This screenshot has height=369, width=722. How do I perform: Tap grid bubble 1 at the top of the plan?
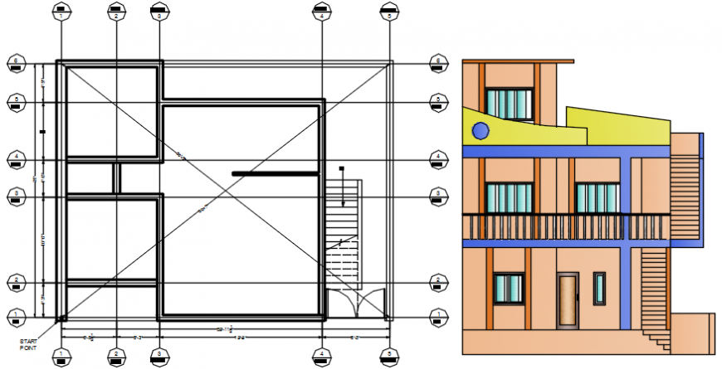point(61,12)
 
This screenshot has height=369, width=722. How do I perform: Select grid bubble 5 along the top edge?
point(388,12)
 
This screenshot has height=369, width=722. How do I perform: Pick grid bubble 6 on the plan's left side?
point(15,61)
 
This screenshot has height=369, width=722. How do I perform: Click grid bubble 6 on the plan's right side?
point(437,61)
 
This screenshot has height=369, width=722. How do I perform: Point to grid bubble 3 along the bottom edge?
point(158,357)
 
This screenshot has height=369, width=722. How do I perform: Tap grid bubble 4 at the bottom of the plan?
point(321,357)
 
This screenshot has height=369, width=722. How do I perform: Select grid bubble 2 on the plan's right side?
point(437,282)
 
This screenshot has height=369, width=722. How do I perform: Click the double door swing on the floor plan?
point(357,303)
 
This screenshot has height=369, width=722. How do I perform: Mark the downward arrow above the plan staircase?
point(342,187)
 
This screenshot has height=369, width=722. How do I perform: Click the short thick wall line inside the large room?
point(275,173)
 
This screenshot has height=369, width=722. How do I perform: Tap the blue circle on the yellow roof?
point(480,130)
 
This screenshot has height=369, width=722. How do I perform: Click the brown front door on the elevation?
point(568,299)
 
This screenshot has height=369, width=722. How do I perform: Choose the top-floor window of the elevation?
point(508,104)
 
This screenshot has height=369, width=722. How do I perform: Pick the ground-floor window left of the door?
point(508,288)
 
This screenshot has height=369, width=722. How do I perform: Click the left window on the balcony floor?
point(508,198)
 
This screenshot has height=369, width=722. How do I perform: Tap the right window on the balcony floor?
point(597,198)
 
